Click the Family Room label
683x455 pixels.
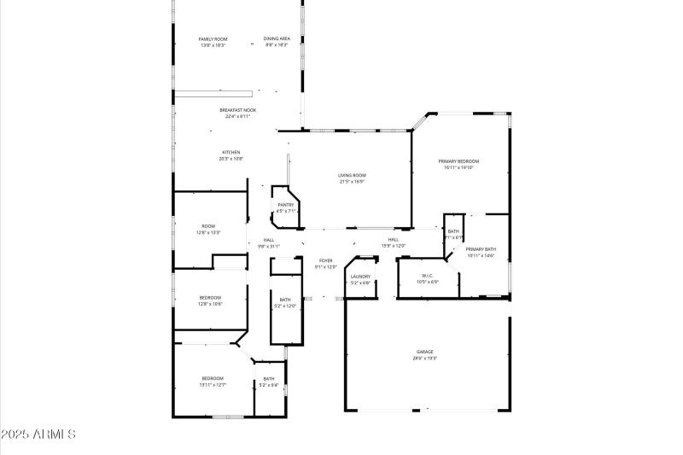213,39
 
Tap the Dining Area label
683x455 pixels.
276,39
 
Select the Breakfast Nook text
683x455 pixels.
237,111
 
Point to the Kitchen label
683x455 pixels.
231,153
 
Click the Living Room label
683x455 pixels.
352,176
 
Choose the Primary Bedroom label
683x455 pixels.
458,162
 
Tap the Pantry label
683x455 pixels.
286,205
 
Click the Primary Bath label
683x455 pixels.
481,249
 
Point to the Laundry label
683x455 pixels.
360,277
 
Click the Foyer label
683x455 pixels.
326,260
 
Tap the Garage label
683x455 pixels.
425,352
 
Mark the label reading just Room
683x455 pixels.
208,226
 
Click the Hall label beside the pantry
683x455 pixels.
268,241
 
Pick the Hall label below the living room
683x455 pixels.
394,240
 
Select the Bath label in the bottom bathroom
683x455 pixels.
269,379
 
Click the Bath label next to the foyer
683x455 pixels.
285,300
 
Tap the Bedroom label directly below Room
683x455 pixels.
211,297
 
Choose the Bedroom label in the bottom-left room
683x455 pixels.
213,378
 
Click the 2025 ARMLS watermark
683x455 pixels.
39,435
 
